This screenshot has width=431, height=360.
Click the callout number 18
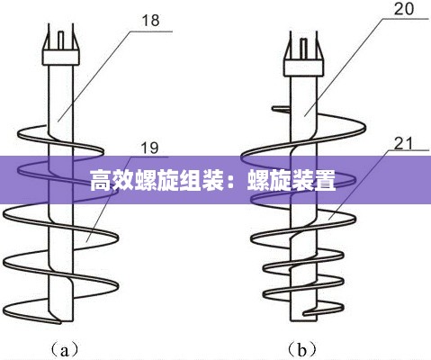pos(150,21)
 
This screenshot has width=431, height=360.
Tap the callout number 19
pos(149,148)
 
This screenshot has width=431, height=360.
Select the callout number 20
pos(404,9)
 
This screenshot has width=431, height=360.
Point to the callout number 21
pos(403,143)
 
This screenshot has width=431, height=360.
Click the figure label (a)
pos(65,349)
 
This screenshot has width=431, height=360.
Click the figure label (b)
pos(302,349)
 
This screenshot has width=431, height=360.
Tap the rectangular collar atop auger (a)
pos(61,58)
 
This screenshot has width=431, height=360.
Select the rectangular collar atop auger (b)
pos(304,67)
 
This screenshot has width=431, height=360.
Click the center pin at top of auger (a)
pos(61,40)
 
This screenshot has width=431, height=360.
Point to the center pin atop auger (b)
pos(304,49)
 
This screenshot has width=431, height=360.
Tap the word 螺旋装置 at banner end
pos(292,181)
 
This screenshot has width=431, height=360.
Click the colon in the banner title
pos(235,181)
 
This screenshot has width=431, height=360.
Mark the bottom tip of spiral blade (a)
pos(59,323)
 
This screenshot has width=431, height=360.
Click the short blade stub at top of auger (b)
pos(281,110)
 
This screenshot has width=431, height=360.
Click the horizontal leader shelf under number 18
pos(152,31)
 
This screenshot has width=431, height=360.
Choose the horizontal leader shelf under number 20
pos(406,19)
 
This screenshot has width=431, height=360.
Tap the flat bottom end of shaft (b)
pos(304,321)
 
